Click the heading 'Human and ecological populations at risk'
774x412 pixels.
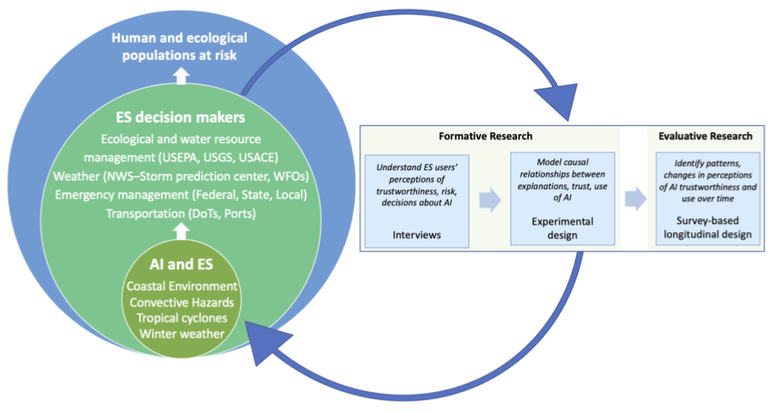tap(179, 47)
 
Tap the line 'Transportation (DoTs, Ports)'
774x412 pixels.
tap(180, 213)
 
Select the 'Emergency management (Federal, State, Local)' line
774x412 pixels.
tap(180, 194)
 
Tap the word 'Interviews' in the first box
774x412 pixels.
tap(416, 234)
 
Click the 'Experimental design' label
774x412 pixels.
tap(563, 227)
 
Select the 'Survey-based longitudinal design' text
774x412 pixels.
tap(707, 227)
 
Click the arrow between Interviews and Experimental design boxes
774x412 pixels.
tap(489, 200)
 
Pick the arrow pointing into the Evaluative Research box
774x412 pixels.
tap(635, 200)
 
